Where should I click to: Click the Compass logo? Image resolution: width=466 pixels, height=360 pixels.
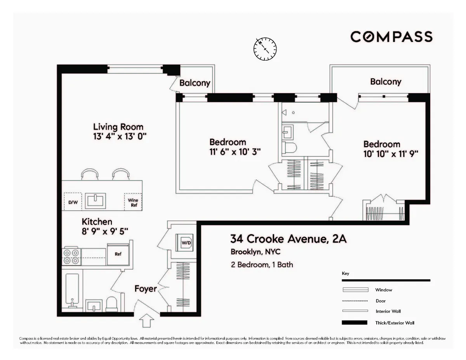tap(391, 37)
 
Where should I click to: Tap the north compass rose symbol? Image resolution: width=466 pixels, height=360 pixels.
tap(265, 49)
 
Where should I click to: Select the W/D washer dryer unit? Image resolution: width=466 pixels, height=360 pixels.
tap(186, 243)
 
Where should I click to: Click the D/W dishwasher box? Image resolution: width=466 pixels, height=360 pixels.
tap(72, 202)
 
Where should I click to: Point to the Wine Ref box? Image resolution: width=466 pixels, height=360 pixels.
tap(133, 202)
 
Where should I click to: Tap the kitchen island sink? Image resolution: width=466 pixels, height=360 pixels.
tap(95, 201)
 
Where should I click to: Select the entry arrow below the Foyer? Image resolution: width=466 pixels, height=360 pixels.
tap(146, 321)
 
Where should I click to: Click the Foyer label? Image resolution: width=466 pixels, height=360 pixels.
tap(146, 289)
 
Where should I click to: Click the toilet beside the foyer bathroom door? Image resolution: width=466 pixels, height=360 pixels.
tap(112, 303)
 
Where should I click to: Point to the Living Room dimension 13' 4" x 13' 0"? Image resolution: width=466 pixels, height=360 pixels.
tap(119, 136)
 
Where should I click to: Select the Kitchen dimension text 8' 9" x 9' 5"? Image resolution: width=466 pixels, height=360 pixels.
tap(105, 231)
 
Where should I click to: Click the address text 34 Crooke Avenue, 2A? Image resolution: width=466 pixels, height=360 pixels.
tap(288, 238)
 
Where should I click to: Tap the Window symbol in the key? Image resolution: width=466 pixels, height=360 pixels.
tap(355, 290)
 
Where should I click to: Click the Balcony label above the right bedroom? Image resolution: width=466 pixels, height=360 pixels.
tap(385, 82)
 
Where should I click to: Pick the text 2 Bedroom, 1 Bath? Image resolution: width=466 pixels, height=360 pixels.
tap(261, 265)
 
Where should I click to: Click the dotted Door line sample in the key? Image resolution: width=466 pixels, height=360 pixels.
tap(355, 301)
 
